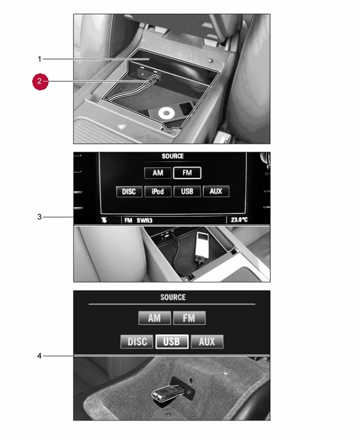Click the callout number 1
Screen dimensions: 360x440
(39, 59)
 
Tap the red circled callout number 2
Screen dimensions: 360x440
(40, 81)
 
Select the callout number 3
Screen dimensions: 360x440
(39, 217)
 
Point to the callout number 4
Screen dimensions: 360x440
(39, 356)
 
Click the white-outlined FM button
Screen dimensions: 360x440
(187, 173)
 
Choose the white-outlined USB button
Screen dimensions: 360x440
(172, 341)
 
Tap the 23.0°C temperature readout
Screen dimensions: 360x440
(239, 220)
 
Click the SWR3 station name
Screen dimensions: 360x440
(145, 220)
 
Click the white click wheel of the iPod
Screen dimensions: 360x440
(166, 114)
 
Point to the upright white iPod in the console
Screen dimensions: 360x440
(202, 245)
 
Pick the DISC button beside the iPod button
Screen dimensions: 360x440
(129, 192)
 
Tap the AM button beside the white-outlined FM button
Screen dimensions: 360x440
(158, 173)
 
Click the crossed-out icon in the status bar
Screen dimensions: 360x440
(104, 220)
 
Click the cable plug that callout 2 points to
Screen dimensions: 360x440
(152, 79)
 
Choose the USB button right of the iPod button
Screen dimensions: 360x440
(187, 192)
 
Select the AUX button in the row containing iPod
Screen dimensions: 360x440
(216, 192)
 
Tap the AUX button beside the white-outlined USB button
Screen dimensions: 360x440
(207, 341)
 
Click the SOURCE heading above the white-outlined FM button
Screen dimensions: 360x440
(173, 156)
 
